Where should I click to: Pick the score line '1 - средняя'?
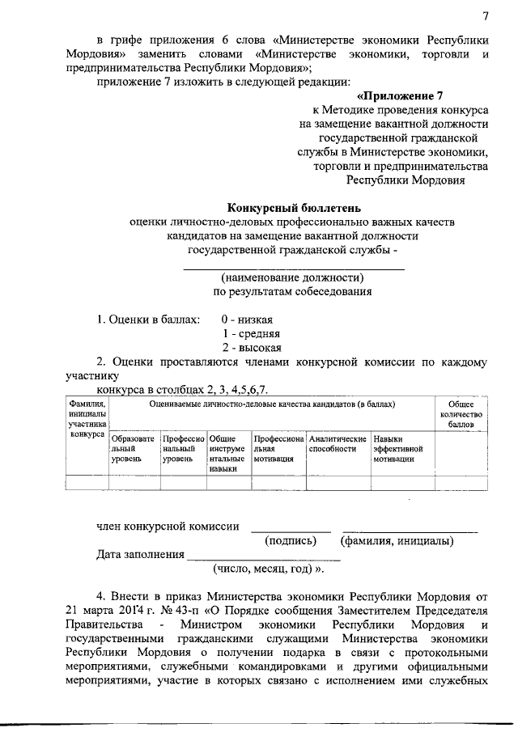[x=251, y=333]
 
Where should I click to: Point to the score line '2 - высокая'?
[x=251, y=347]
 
